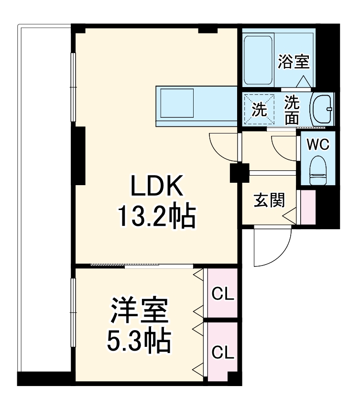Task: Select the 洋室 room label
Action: coord(140,311)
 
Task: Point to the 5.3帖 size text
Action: coord(138,341)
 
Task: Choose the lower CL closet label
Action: coord(223,354)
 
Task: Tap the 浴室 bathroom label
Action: coord(294,62)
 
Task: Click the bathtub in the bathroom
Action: coord(259,58)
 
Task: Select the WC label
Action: coord(317,145)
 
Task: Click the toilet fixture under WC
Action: coord(317,170)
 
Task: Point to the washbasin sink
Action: coord(322,109)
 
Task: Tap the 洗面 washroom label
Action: coord(293,110)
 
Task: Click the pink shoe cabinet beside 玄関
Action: coord(308,207)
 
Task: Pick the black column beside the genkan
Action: coord(238,173)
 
